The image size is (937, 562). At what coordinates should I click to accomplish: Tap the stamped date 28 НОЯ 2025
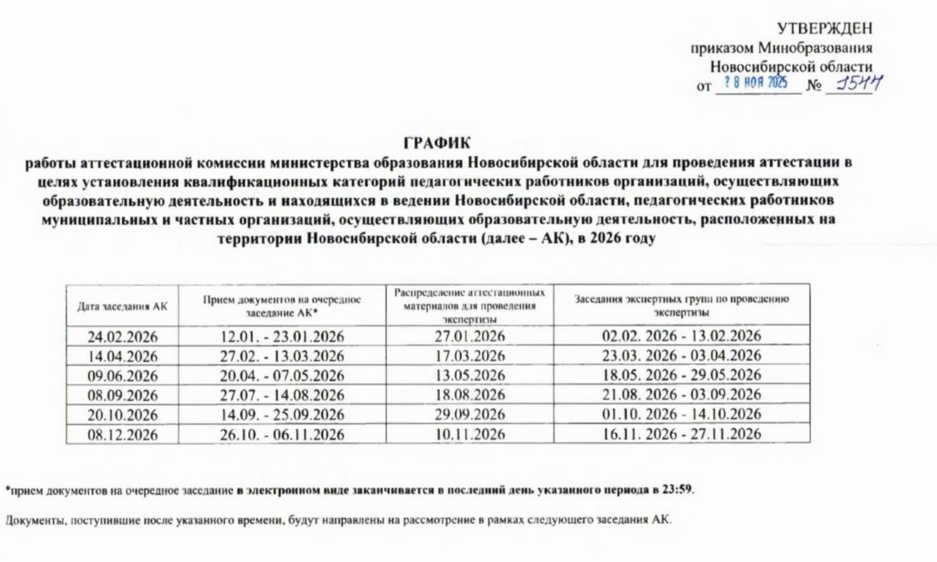click(x=755, y=83)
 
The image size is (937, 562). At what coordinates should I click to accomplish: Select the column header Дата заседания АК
click(x=122, y=306)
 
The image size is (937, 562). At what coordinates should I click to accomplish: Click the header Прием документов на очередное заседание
click(x=282, y=306)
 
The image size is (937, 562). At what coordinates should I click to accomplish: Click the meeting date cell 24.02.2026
click(x=122, y=336)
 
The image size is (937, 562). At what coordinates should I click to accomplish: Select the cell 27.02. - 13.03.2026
click(x=282, y=355)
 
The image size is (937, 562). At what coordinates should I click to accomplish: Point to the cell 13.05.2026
click(x=470, y=375)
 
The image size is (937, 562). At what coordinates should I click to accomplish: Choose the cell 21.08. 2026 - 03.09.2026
click(x=681, y=394)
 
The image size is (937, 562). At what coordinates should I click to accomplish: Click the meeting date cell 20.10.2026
click(x=122, y=414)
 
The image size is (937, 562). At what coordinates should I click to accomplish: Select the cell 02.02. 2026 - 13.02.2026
click(x=681, y=336)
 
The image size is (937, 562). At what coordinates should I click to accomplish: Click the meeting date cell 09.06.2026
click(x=122, y=375)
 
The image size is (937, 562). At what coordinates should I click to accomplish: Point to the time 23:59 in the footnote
click(x=677, y=490)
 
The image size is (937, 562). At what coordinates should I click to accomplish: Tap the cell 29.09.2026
click(x=470, y=414)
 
